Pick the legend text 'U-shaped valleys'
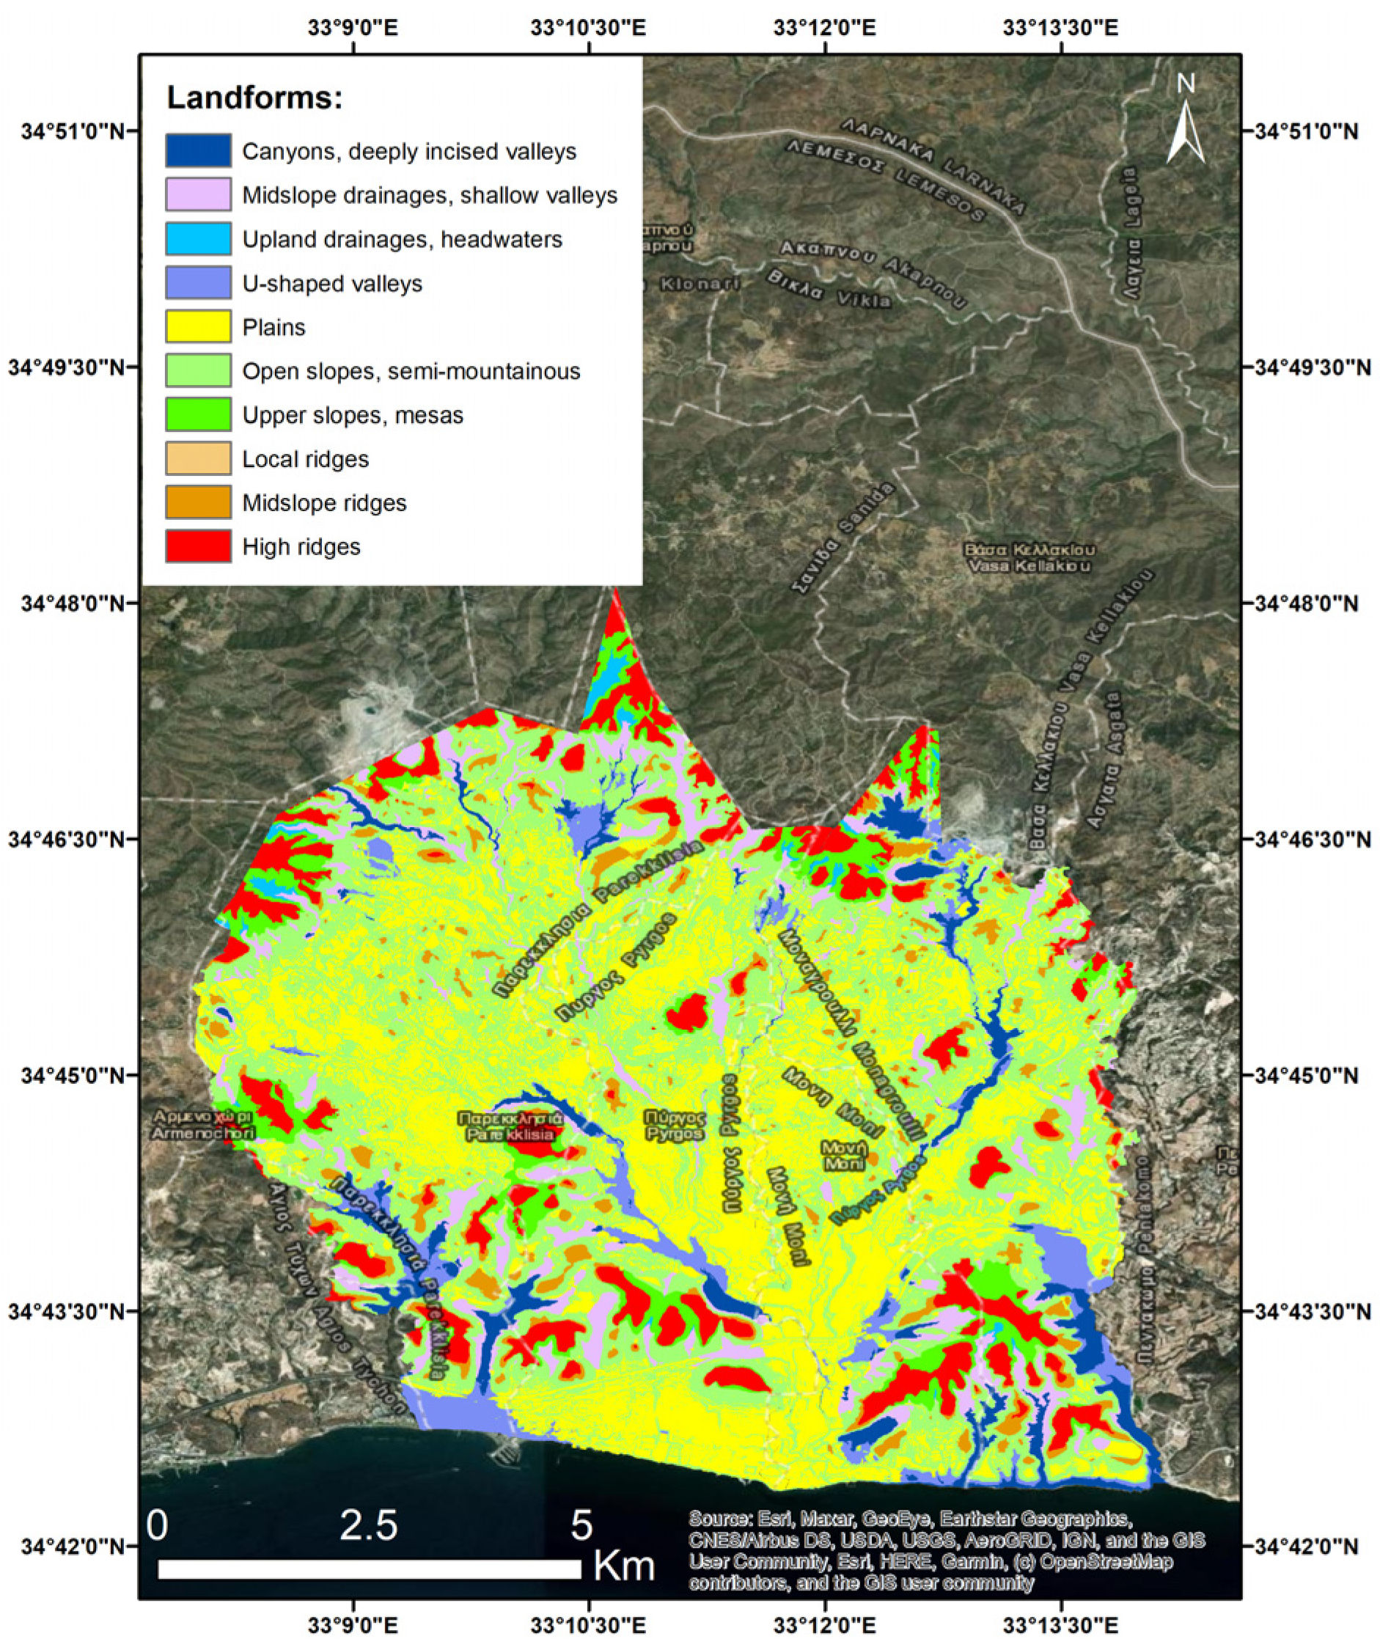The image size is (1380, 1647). tap(331, 283)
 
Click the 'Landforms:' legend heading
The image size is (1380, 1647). tap(255, 98)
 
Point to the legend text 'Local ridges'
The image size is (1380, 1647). tap(305, 459)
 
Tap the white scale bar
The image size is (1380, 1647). tap(369, 1569)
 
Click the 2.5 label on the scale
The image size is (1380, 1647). tap(369, 1525)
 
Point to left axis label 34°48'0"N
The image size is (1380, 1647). tap(66, 603)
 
